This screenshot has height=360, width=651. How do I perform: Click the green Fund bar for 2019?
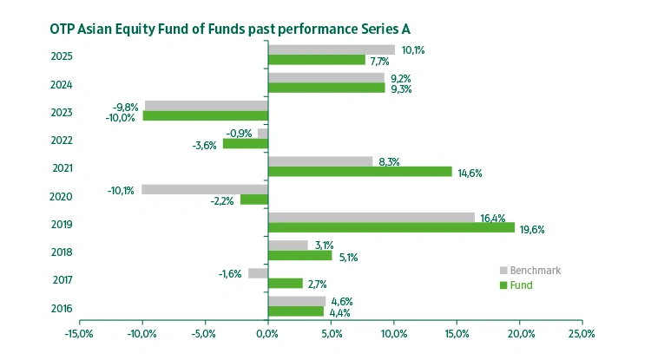point(391,228)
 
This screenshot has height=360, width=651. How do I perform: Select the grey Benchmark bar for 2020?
point(205,189)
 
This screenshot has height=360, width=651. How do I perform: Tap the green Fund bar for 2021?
point(360,172)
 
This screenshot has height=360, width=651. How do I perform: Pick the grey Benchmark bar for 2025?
point(332,49)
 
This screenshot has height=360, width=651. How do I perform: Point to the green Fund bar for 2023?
point(206,116)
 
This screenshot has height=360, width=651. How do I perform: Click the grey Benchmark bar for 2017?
point(258,273)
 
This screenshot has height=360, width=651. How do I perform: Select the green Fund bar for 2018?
point(300,256)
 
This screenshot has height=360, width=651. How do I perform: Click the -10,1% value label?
point(121,190)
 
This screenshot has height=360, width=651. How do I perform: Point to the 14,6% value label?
point(469,173)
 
